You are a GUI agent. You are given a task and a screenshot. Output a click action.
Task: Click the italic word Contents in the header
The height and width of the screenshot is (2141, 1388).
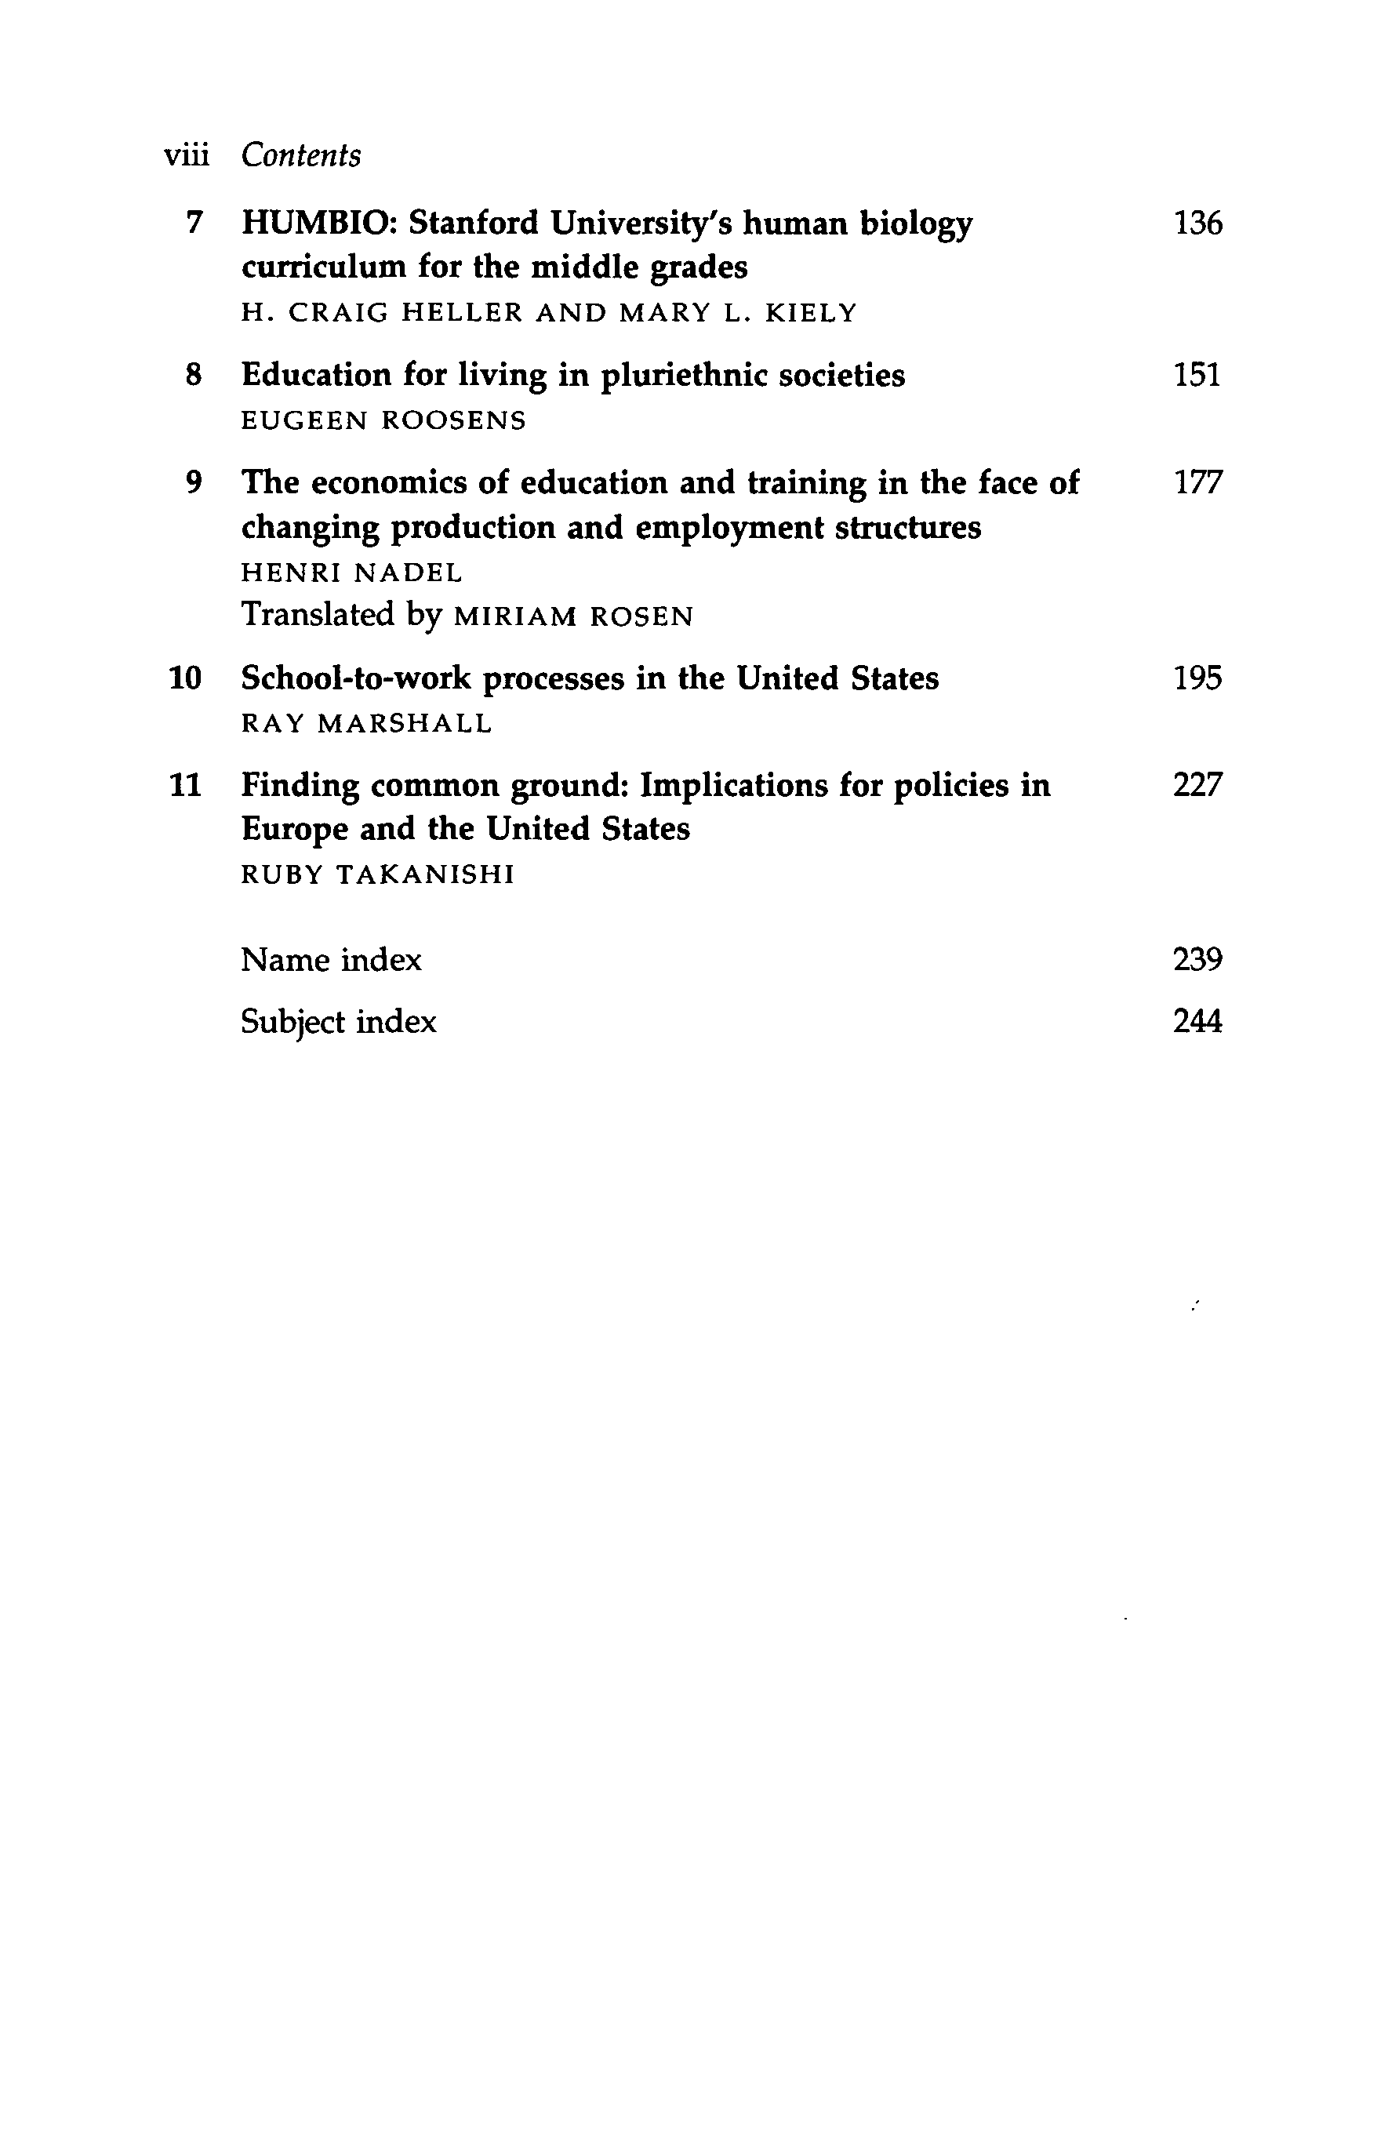click(x=300, y=155)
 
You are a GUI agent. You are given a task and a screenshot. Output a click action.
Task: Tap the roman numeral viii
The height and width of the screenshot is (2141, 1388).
click(x=186, y=155)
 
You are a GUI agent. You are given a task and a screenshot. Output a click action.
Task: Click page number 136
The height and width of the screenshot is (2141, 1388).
click(x=1197, y=223)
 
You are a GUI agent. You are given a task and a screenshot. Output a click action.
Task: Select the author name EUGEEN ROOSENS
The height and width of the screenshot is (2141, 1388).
click(x=383, y=421)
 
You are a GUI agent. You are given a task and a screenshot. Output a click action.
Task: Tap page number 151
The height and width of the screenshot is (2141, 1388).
click(x=1197, y=374)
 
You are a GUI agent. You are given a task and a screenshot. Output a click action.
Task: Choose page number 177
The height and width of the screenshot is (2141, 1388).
click(x=1197, y=483)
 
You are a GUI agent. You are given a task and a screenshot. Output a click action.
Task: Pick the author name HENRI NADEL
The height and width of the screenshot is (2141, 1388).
click(x=352, y=573)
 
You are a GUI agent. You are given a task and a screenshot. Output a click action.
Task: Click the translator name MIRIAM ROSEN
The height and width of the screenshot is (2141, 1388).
click(x=574, y=617)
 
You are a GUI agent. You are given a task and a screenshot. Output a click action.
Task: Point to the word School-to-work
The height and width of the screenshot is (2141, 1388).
click(x=355, y=678)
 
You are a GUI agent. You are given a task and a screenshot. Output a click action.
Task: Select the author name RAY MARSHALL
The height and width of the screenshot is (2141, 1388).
click(x=367, y=724)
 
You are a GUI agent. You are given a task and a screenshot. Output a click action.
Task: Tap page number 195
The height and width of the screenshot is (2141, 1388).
click(x=1197, y=678)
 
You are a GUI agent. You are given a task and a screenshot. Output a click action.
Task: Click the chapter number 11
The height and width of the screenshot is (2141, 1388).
click(x=185, y=785)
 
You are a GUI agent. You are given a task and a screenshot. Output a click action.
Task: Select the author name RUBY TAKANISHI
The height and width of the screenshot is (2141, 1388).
click(x=378, y=875)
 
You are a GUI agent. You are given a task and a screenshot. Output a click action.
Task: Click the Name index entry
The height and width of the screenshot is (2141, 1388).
click(x=331, y=961)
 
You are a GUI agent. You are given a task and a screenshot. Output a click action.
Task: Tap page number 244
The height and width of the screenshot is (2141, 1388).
click(x=1197, y=1022)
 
